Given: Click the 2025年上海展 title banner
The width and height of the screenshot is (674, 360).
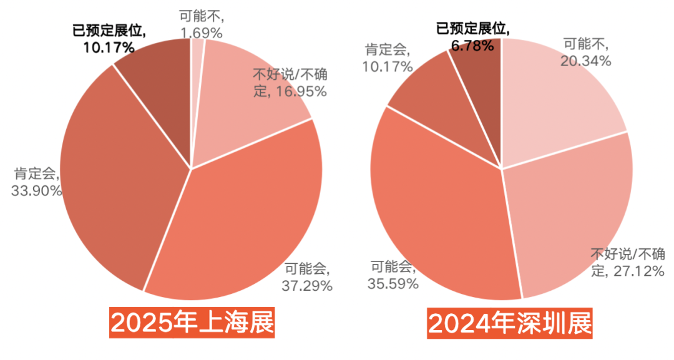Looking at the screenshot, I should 192,324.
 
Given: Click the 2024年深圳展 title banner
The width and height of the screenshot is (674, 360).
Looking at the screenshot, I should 509,324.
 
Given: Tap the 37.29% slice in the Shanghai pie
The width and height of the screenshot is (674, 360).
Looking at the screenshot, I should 243,225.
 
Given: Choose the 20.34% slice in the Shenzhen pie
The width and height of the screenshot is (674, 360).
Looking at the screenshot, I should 555,100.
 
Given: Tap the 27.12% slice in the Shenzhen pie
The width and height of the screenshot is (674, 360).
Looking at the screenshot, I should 568,212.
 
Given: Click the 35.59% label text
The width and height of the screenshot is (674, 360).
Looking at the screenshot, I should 391,283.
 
